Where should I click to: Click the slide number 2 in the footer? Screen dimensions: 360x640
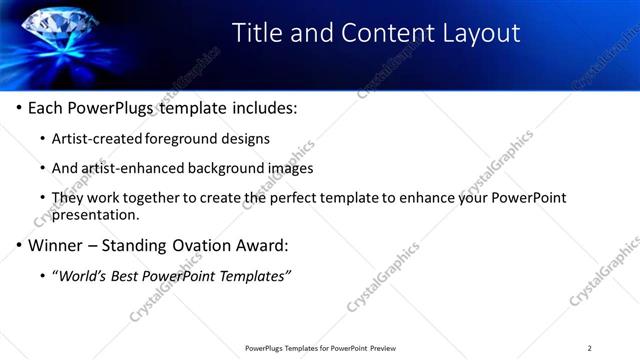pos(589,348)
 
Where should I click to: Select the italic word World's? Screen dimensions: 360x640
pos(85,275)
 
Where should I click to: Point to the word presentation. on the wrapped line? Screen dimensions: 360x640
pos(95,214)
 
